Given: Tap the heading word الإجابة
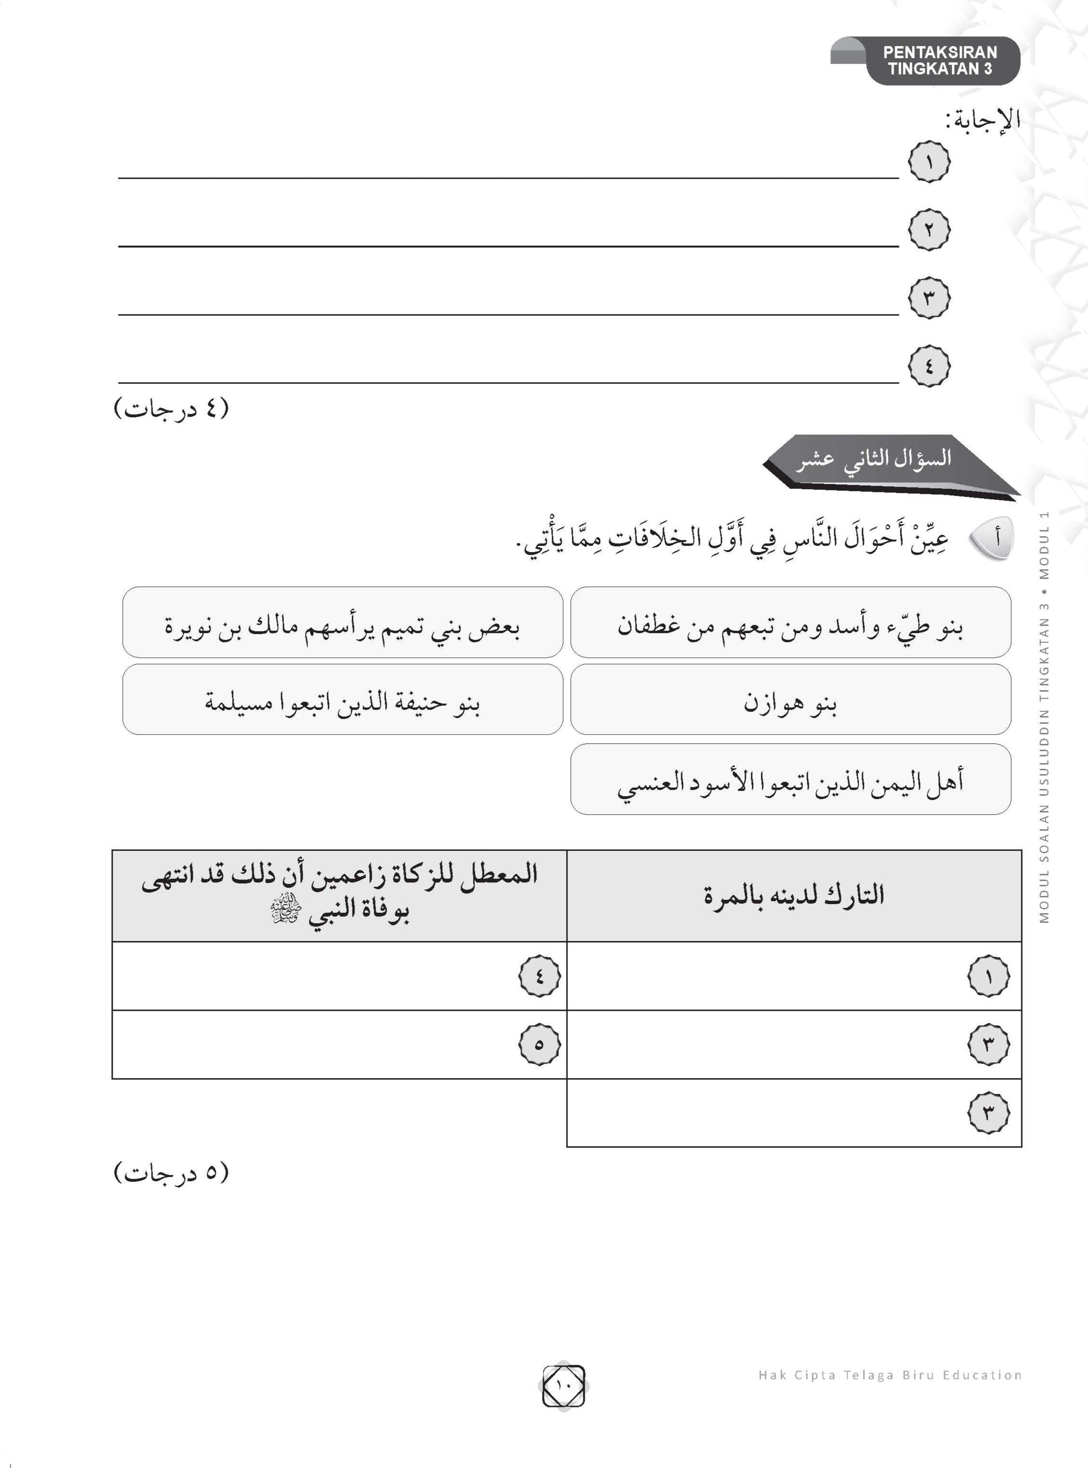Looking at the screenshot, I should (982, 120).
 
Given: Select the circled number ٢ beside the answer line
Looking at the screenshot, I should (929, 230).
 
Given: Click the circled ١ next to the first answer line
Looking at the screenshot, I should (929, 162).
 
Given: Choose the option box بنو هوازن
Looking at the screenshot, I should (790, 700).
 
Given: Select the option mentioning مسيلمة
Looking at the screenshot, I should (343, 700).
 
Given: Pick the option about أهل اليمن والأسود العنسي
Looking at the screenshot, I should (790, 779).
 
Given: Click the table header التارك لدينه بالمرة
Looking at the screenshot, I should (793, 895).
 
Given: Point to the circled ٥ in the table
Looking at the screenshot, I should (539, 1044).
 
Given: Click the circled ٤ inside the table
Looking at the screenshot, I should (539, 975).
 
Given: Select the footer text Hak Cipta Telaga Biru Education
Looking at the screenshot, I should (889, 1375).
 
